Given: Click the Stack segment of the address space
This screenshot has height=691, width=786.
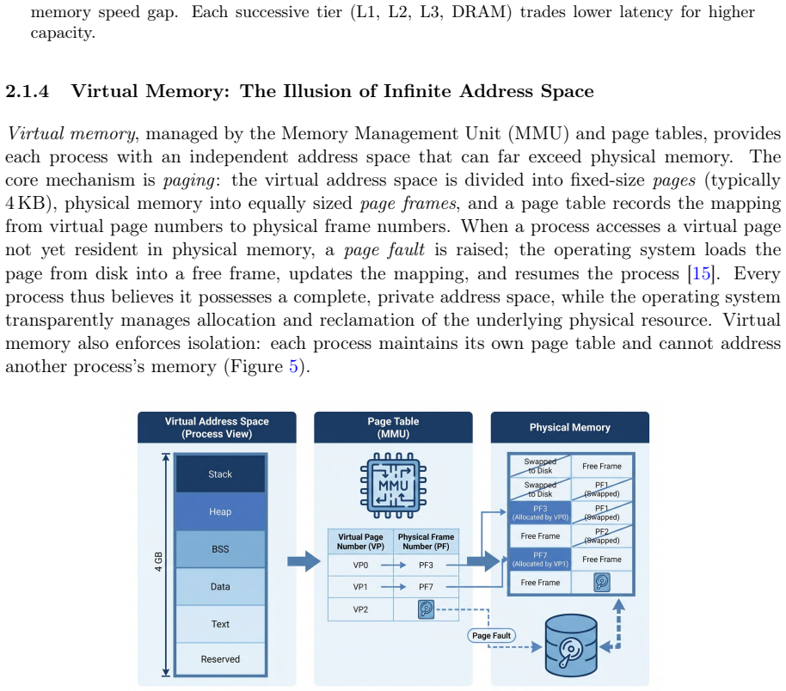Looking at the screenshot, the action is (220, 474).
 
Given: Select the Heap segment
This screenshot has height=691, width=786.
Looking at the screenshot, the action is (220, 511).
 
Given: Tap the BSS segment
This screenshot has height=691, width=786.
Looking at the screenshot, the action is (220, 548).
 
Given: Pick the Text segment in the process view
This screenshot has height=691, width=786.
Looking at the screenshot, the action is (220, 624).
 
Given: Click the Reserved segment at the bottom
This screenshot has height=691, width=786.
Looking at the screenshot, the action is (220, 659).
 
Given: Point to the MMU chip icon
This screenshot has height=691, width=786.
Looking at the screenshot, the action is (393, 485).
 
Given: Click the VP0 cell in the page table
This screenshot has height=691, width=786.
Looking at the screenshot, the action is (360, 566).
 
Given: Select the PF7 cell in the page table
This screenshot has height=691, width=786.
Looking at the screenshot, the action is (426, 587).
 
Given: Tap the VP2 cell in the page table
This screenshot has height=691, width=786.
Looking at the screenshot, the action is (360, 609).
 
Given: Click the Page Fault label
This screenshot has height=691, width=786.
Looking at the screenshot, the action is (491, 635).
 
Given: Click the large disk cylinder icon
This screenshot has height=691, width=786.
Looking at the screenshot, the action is (571, 645).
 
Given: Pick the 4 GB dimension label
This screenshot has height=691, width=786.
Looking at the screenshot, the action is (158, 562).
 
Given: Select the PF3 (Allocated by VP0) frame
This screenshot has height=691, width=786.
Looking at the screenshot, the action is (540, 512).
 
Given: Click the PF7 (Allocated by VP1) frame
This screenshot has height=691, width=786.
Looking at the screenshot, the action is (540, 560).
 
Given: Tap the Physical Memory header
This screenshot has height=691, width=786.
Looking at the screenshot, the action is (570, 427).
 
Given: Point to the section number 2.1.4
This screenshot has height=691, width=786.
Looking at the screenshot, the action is (27, 91).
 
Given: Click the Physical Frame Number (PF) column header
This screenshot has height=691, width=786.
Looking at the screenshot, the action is (426, 541).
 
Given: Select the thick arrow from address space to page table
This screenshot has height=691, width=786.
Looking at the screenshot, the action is (304, 561).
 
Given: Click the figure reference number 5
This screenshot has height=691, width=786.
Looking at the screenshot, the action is (293, 366).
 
